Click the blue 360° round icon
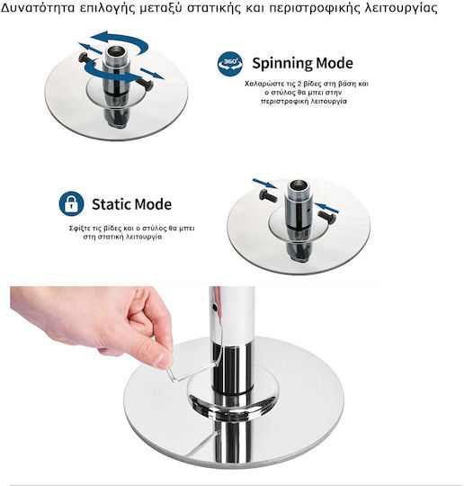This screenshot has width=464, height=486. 230,64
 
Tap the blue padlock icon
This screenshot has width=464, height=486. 71,203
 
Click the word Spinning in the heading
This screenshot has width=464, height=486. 278,63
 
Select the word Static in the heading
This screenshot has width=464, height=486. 112,204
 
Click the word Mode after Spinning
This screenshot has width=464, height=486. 330,63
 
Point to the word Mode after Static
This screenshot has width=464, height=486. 153,204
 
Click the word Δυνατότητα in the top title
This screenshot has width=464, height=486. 38,7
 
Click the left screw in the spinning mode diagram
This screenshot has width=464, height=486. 85,58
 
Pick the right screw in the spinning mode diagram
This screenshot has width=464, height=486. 146,84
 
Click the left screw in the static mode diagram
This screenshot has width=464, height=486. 268,196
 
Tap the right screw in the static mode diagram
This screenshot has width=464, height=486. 326,217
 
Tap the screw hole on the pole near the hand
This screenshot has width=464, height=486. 214,308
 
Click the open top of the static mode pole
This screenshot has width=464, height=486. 299,187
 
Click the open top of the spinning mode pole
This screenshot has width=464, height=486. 116,51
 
